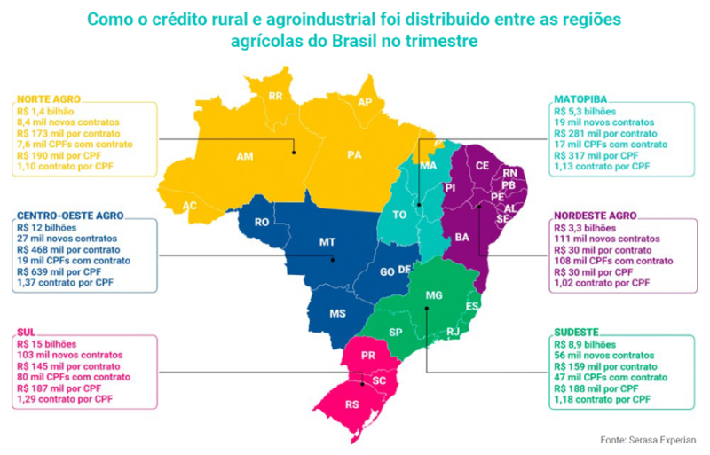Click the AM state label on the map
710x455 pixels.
(x=244, y=157)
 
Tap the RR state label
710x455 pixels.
(x=275, y=95)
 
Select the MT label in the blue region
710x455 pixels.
(x=327, y=241)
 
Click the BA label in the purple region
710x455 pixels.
(x=461, y=238)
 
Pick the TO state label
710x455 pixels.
(x=401, y=215)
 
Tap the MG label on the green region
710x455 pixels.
(x=433, y=294)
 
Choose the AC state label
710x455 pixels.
(x=189, y=205)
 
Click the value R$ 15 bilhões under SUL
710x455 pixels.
(x=47, y=343)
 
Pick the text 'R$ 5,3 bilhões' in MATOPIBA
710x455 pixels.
(x=583, y=112)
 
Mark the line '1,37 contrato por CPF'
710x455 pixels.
(x=62, y=281)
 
